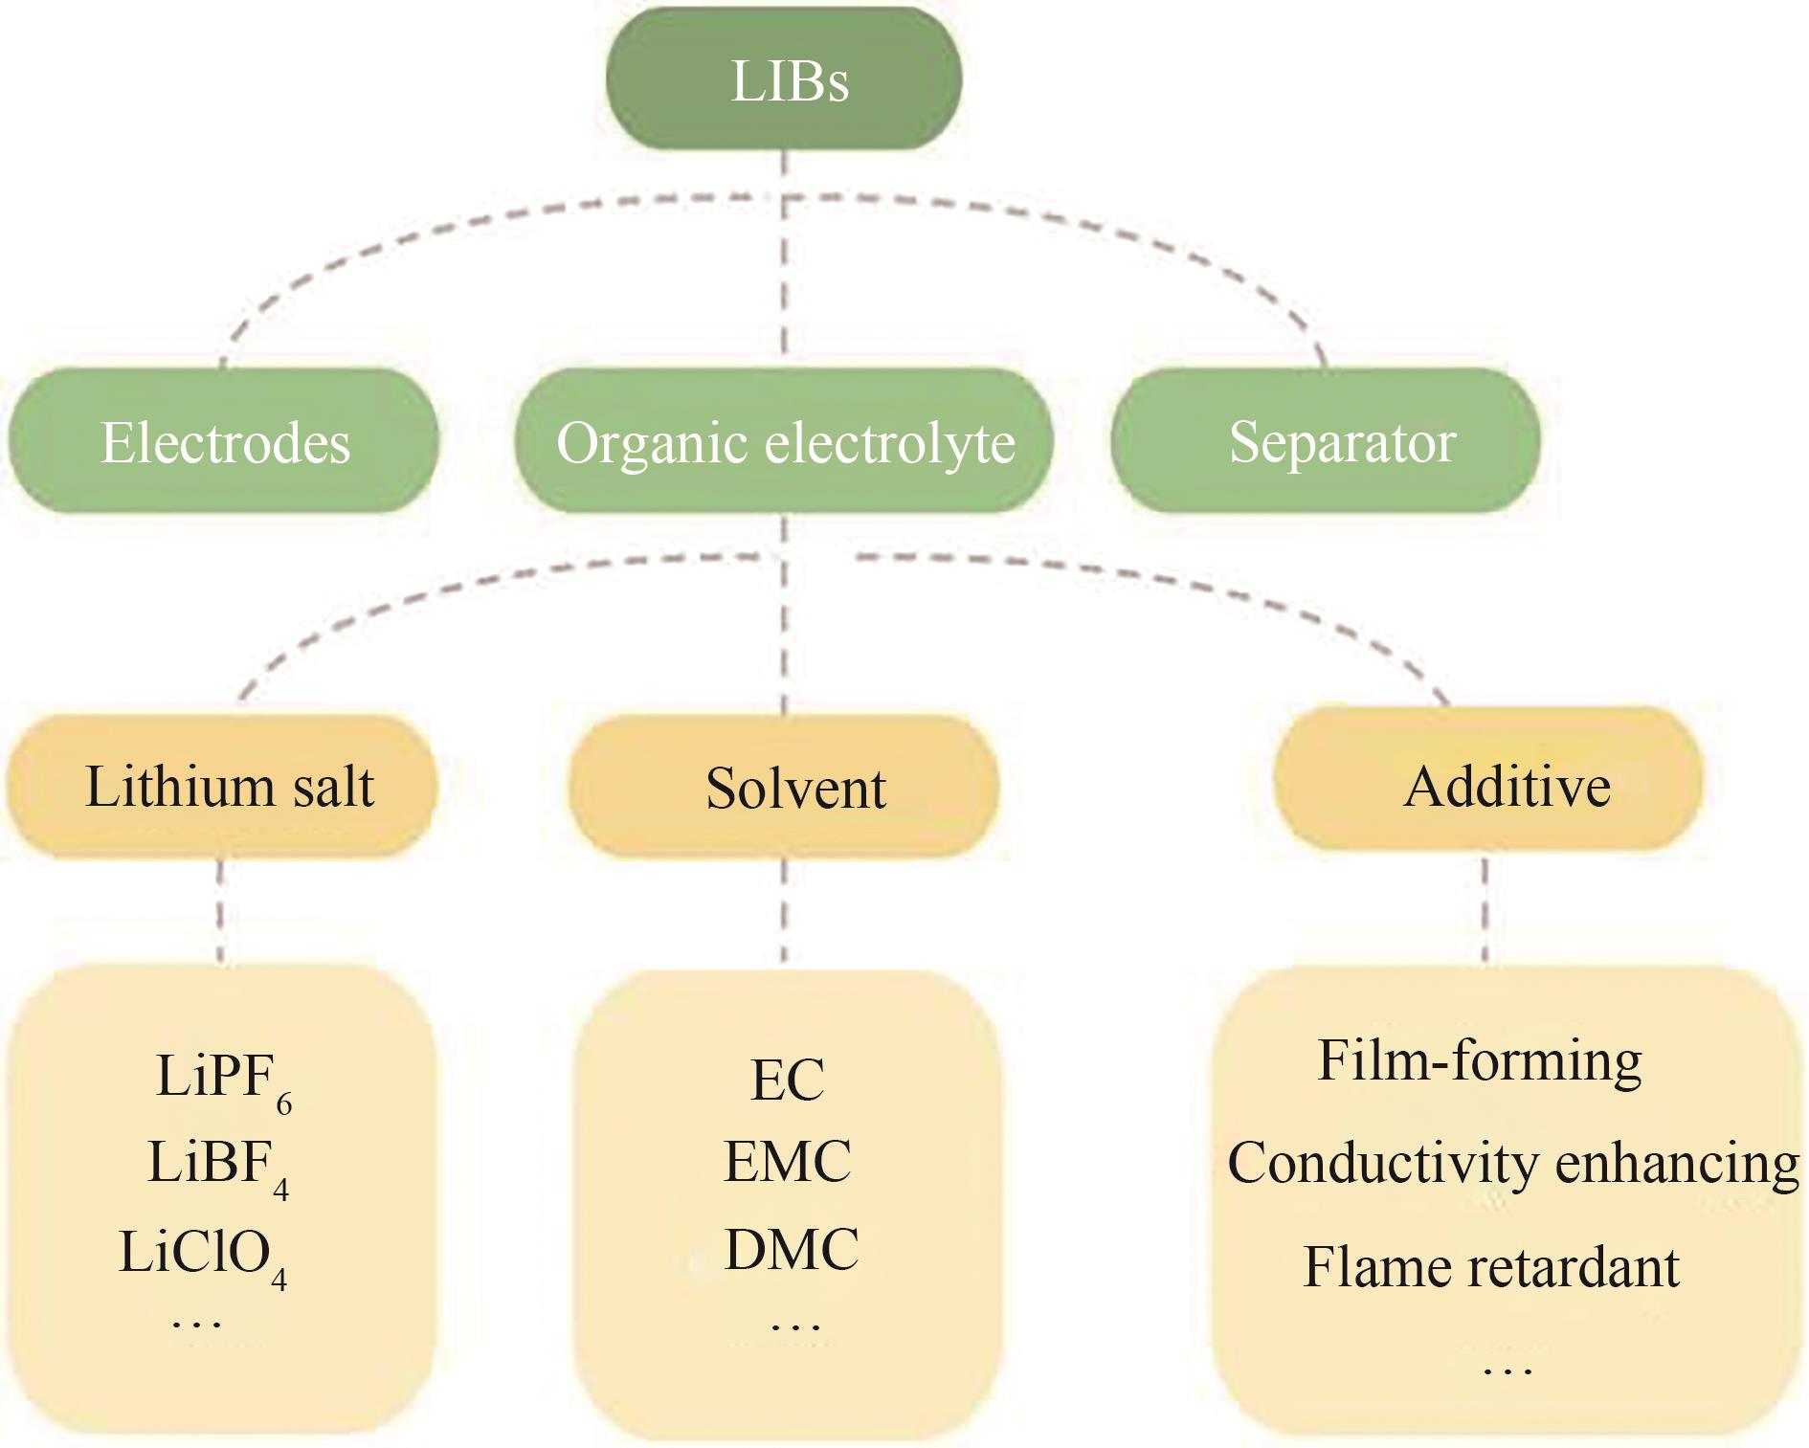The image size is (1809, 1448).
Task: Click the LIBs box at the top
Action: click(784, 79)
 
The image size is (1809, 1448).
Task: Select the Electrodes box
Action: click(224, 441)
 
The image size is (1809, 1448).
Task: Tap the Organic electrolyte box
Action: click(784, 441)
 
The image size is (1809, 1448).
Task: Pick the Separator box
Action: click(1326, 441)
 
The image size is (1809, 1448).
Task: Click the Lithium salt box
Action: click(222, 786)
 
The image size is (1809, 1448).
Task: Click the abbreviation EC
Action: click(787, 1080)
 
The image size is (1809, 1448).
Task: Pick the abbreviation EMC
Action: click(787, 1162)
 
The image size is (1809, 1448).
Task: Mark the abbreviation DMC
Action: click(792, 1250)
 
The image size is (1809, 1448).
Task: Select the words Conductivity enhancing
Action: click(1513, 1164)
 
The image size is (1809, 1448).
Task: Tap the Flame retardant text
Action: click(1491, 1267)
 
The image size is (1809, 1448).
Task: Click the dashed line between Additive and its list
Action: click(1485, 909)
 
